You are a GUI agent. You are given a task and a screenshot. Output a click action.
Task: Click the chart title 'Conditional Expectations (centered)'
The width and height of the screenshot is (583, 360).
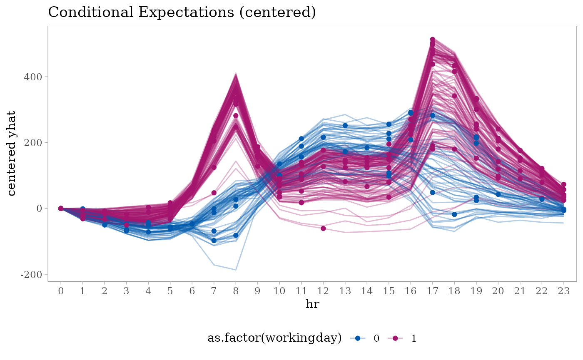point(182,12)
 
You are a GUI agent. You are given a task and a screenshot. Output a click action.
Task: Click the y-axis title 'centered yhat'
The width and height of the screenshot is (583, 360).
point(11,154)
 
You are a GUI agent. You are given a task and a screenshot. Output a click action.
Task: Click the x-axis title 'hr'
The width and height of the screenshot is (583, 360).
point(312,303)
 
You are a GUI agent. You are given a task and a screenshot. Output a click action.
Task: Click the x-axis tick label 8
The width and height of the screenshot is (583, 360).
point(236,291)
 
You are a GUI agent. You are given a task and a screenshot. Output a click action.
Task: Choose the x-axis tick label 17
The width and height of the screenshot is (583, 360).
point(433,291)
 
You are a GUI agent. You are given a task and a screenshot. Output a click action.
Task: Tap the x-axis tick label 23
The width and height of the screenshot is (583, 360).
point(564,291)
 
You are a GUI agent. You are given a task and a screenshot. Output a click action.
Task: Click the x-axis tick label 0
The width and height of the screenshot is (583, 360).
point(61,291)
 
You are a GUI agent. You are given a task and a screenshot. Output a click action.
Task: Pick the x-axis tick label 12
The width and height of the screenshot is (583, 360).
point(323,291)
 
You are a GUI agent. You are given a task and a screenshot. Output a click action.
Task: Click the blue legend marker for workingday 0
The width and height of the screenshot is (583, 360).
point(358,338)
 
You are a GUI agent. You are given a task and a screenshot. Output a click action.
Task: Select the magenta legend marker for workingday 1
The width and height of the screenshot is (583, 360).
point(395,338)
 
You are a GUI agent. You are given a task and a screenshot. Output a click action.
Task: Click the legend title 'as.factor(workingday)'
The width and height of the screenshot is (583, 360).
point(274,338)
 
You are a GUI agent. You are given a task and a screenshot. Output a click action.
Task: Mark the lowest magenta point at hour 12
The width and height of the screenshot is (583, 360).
point(323,228)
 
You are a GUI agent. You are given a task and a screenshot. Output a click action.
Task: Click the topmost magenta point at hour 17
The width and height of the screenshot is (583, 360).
point(433,39)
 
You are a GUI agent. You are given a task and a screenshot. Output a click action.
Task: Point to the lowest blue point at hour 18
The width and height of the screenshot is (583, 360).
point(454,214)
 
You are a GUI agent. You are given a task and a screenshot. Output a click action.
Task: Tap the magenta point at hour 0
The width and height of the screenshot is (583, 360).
point(61,209)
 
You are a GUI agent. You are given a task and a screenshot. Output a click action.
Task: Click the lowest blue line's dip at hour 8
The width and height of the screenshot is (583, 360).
point(236,270)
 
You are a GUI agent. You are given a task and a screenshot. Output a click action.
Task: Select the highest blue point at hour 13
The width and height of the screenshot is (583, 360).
point(345,125)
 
